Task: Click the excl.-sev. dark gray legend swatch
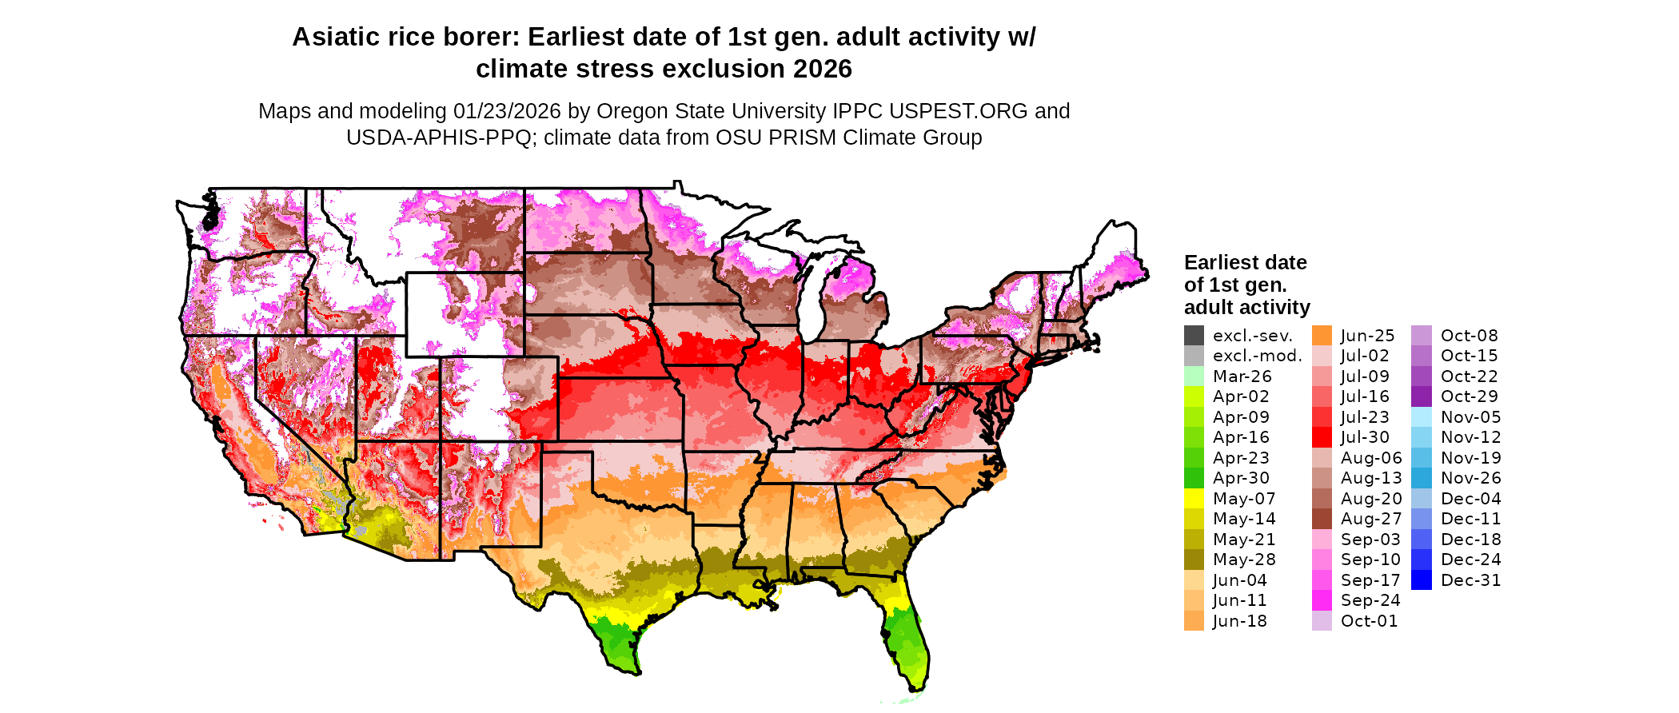1194,336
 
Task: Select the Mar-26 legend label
1242,376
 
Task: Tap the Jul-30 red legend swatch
1322,437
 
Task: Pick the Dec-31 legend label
1470,580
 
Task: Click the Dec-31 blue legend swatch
1422,580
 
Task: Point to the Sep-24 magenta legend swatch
1322,600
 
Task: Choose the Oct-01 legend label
1369,621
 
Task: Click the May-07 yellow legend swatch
1194,499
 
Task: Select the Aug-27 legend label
1370,519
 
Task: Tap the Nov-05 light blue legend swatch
1422,417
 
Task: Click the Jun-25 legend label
1367,336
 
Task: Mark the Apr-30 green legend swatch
1194,478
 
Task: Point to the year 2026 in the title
823,70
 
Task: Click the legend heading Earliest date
1245,263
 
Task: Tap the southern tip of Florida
918,683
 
